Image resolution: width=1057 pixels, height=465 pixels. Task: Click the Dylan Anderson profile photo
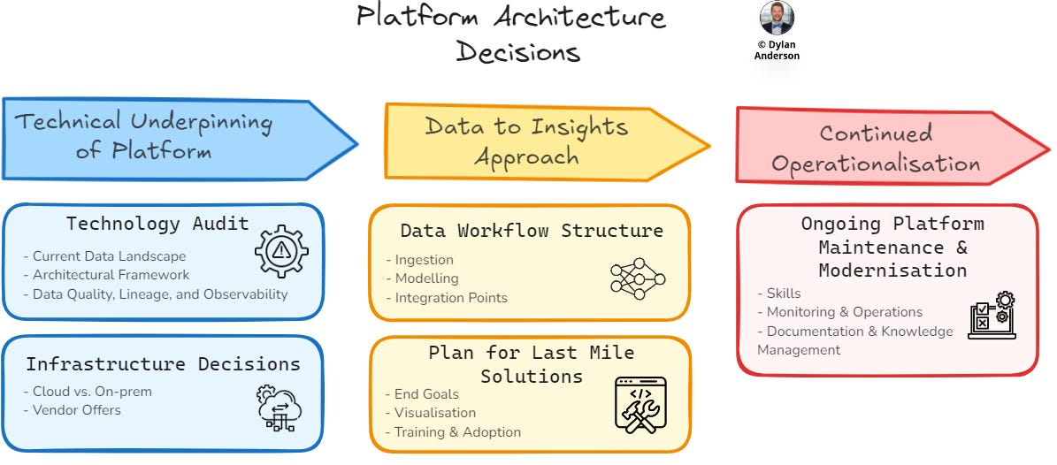coord(777,18)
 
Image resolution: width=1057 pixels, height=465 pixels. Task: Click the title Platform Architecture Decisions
coord(511,34)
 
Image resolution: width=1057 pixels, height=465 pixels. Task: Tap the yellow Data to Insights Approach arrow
coord(527,141)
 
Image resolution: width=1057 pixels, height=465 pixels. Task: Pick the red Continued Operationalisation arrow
coord(876,148)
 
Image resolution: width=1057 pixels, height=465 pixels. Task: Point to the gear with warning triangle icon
coord(281,250)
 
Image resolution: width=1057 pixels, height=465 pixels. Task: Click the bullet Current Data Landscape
coord(104,256)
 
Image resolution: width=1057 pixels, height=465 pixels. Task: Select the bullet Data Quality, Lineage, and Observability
coord(156,294)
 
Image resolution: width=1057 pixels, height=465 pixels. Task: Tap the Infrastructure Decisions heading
coord(163,364)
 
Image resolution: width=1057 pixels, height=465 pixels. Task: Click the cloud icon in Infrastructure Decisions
coord(280,408)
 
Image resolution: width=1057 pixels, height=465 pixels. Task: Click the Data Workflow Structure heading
coord(531,232)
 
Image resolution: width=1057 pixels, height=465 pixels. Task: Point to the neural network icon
coord(638,278)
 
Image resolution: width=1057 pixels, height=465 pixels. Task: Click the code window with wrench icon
coord(640,406)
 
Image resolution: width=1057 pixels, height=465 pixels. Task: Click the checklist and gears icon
coord(992,316)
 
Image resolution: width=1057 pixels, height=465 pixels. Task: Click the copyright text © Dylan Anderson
coord(777,49)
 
